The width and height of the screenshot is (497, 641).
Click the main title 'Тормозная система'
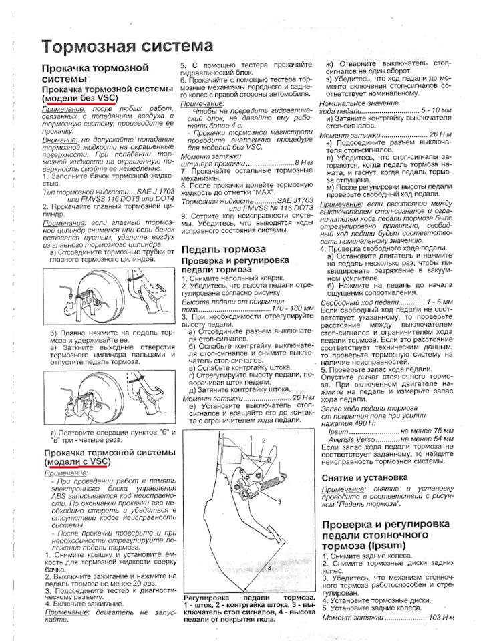[x=127, y=47]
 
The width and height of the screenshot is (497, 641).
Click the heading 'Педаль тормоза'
[x=223, y=249]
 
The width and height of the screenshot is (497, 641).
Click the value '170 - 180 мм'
[x=292, y=309]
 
